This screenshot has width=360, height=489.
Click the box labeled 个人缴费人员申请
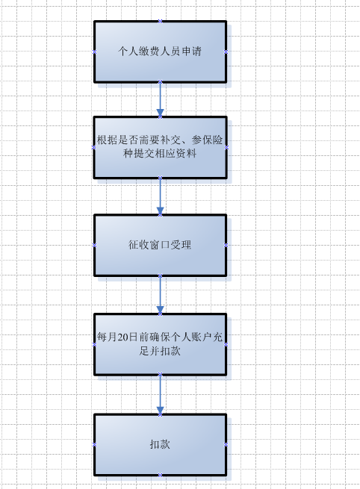click(x=160, y=52)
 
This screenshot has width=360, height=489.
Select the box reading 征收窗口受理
click(x=160, y=245)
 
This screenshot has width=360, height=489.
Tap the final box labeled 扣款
click(x=160, y=444)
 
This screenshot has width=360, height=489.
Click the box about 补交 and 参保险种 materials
click(x=160, y=147)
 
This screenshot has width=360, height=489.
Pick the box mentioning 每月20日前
click(x=160, y=344)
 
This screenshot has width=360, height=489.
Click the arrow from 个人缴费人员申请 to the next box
click(x=160, y=99)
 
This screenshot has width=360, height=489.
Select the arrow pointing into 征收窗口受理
click(x=160, y=196)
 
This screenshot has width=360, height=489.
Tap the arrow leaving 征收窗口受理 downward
click(x=160, y=295)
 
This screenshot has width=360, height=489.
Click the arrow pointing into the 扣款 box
click(x=160, y=394)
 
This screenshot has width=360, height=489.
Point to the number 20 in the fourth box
click(x=123, y=337)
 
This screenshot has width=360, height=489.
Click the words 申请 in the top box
click(x=191, y=52)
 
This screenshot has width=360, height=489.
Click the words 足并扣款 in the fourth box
click(x=160, y=351)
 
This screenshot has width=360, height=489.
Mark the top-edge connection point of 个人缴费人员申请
click(x=160, y=21)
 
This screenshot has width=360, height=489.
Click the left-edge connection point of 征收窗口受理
click(x=94, y=246)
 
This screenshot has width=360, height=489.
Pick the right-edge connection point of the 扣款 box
click(x=226, y=445)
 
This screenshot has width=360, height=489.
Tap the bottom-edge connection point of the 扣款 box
click(x=160, y=476)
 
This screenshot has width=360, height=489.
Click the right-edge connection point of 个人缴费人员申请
click(x=226, y=52)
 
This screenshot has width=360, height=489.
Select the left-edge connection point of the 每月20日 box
click(x=94, y=344)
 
